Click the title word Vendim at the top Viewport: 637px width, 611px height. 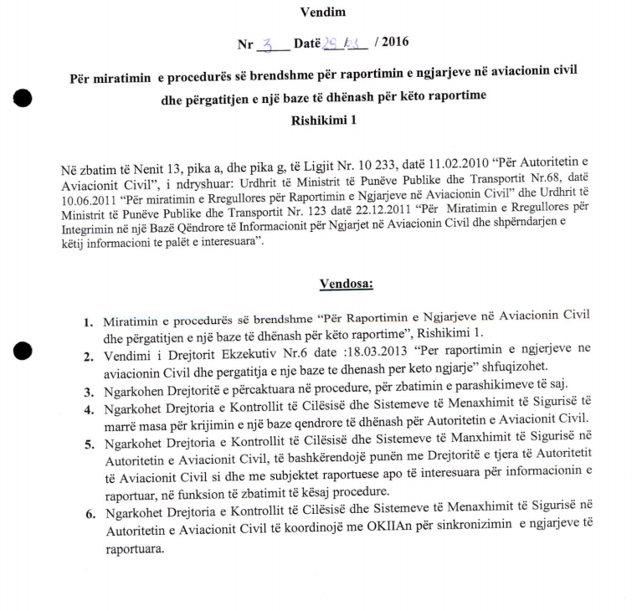tap(322, 12)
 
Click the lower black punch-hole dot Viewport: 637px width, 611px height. tap(23, 351)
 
